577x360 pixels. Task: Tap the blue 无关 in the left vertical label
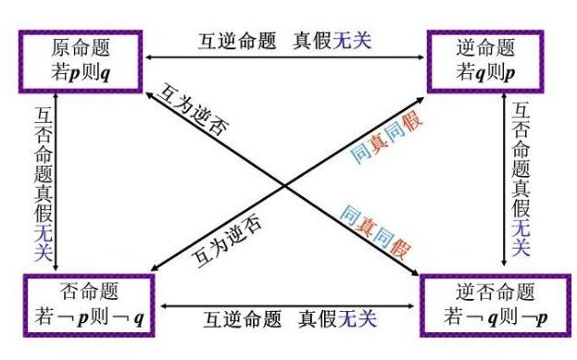click(41, 244)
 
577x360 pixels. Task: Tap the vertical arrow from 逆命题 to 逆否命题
click(504, 176)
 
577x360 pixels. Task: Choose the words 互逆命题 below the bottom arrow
click(238, 318)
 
